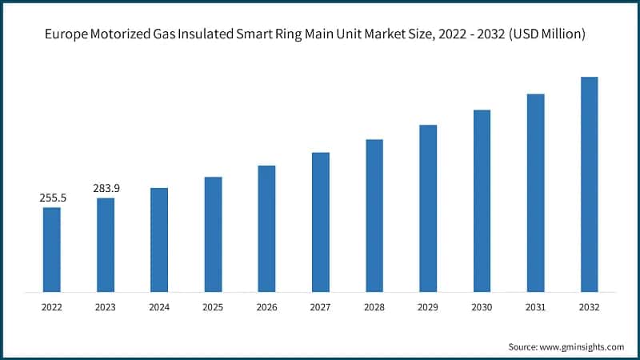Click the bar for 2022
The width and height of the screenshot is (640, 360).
click(x=51, y=249)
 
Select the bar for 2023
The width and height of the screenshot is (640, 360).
click(x=106, y=244)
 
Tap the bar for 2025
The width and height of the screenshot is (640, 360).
click(x=213, y=234)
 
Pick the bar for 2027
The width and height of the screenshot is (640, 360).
click(x=320, y=221)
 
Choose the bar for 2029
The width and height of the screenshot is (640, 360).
click(x=428, y=207)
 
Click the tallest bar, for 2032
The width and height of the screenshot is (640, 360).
click(x=590, y=183)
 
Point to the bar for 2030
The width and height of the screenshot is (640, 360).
click(x=482, y=200)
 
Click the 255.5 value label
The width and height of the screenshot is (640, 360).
click(x=51, y=197)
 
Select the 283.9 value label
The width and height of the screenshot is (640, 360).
click(x=106, y=187)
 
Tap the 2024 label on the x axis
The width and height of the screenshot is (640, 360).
click(x=159, y=306)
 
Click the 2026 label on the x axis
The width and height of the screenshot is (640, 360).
click(x=266, y=306)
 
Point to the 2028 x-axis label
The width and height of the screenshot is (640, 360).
click(x=374, y=306)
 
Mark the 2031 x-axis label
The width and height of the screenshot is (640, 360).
click(x=536, y=306)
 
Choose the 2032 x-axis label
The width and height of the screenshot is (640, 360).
click(x=590, y=306)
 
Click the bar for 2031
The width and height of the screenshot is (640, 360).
click(x=536, y=192)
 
